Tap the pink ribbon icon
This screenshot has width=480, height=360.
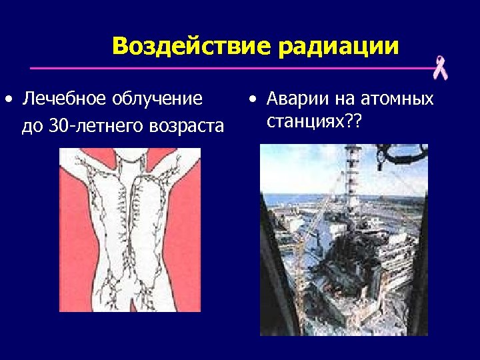(440, 68)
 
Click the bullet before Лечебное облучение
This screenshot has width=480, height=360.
(7, 100)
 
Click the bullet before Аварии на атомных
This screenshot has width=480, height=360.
(251, 100)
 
